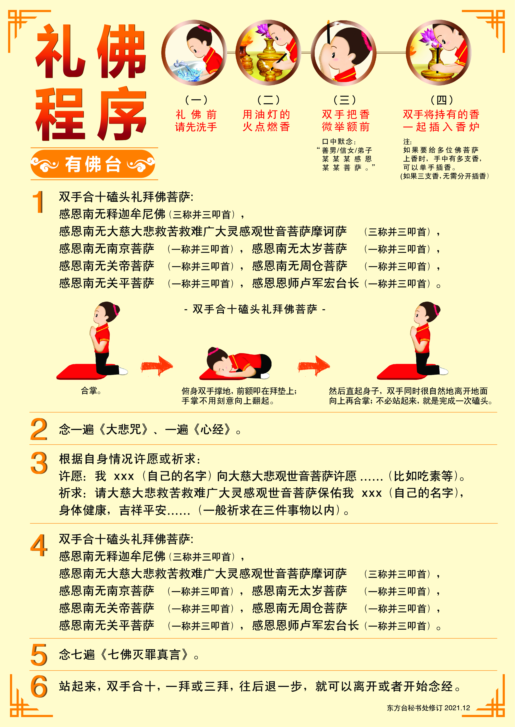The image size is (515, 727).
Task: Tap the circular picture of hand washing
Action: point(194,53)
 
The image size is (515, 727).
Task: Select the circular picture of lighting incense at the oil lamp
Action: point(268,53)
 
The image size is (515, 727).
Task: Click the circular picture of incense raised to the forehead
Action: point(344,53)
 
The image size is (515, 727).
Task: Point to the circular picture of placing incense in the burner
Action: point(439,53)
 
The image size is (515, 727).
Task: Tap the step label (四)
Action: point(442,100)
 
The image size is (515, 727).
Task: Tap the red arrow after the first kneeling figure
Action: point(157,366)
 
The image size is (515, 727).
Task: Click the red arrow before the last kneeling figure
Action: point(314,366)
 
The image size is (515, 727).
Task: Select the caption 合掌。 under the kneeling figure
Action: point(91,391)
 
